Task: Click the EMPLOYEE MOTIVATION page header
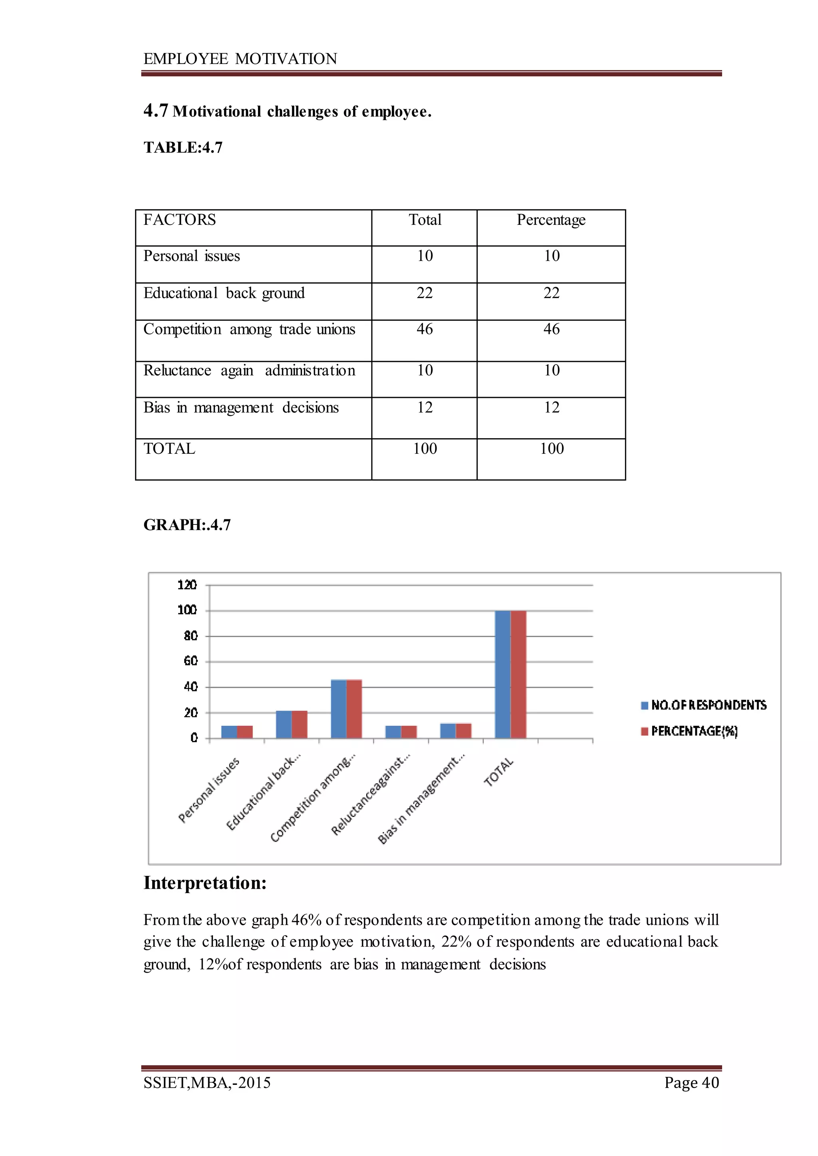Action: (240, 59)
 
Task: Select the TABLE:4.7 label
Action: (183, 147)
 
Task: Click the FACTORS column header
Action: (179, 220)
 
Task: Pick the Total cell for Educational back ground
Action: (424, 293)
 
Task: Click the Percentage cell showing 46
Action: (551, 330)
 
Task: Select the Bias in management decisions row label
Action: (241, 407)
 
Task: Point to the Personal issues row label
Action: (191, 256)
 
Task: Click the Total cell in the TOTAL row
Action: (425, 449)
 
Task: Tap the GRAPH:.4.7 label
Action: (187, 525)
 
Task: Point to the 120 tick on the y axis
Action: (187, 585)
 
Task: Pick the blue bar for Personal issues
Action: (229, 731)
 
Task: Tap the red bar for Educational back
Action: (299, 724)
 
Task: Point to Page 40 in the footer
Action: (691, 1083)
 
